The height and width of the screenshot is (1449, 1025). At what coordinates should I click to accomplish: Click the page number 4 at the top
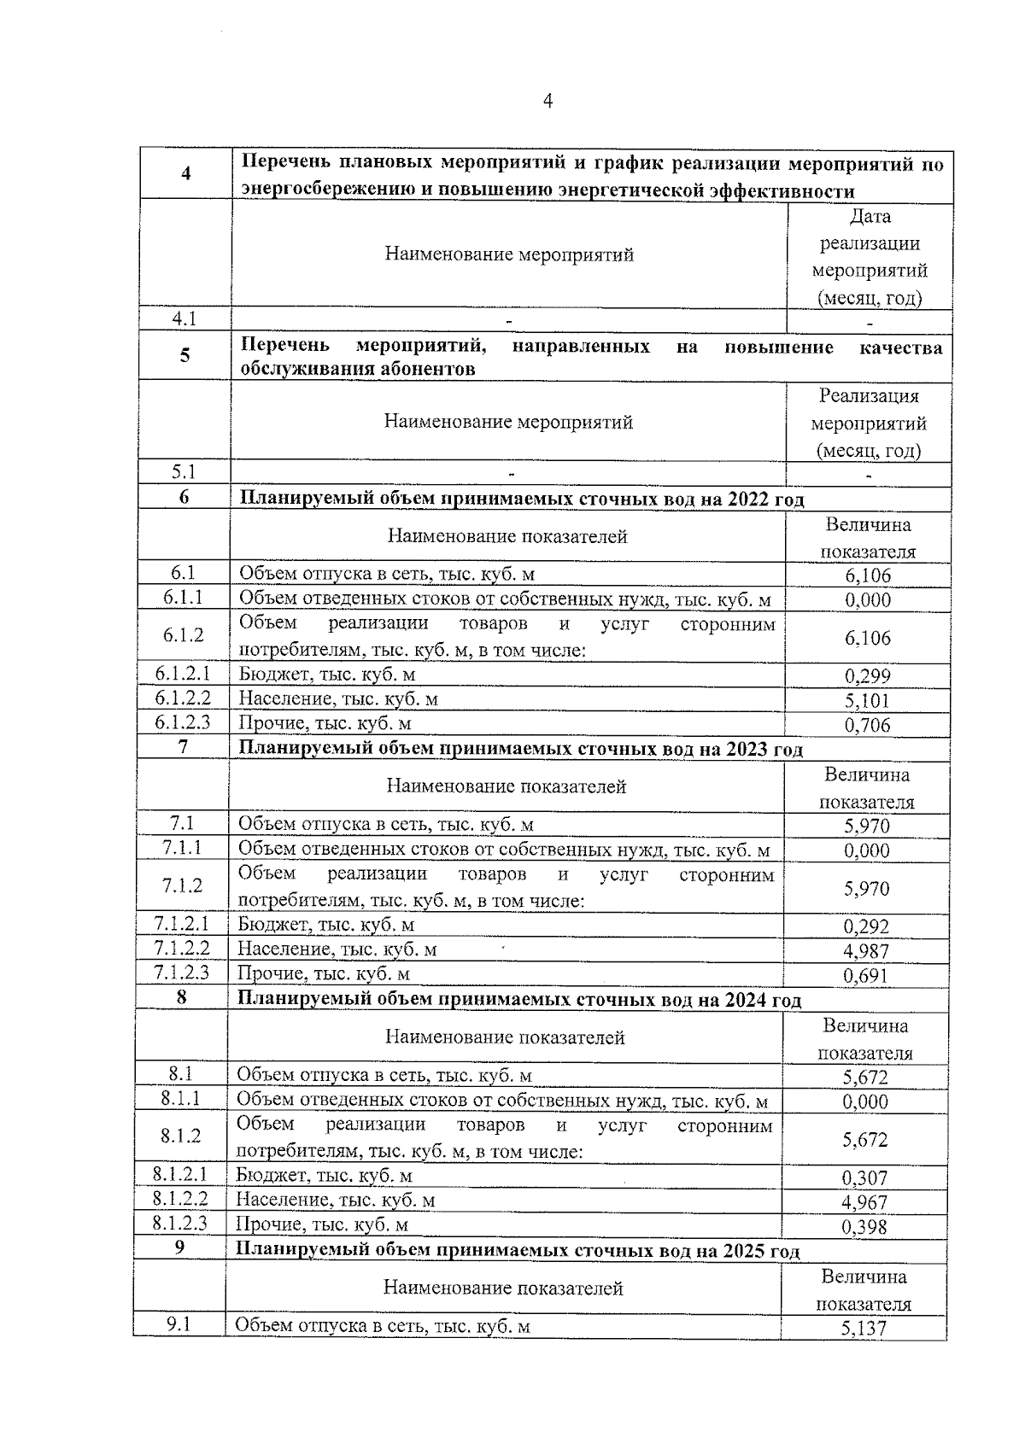(x=548, y=102)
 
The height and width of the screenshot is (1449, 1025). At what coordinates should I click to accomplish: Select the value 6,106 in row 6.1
(x=868, y=576)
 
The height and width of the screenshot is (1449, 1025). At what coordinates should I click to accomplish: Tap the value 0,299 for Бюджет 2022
(x=868, y=676)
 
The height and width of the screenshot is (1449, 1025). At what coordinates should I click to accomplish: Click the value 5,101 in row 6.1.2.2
(x=868, y=701)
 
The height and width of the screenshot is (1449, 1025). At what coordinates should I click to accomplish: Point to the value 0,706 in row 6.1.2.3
(x=868, y=726)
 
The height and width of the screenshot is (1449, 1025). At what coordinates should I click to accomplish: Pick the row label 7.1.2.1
(x=181, y=924)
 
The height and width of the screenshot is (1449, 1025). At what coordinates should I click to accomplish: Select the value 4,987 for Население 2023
(x=866, y=951)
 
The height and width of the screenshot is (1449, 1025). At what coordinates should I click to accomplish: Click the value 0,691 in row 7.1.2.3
(x=866, y=976)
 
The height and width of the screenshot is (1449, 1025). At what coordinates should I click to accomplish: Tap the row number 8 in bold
(x=181, y=996)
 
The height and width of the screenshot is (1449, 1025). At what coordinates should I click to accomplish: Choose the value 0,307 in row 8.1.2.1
(x=864, y=1178)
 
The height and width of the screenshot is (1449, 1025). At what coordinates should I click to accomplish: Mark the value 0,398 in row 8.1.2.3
(x=864, y=1227)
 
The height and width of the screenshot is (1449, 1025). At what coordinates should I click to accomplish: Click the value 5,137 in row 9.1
(x=864, y=1328)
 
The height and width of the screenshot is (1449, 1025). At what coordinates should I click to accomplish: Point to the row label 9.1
(x=179, y=1324)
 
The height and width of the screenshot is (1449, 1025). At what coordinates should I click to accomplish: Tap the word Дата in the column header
(x=870, y=217)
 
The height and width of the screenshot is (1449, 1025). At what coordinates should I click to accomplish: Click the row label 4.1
(x=184, y=319)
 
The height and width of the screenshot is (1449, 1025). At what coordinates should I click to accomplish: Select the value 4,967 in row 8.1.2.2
(x=864, y=1202)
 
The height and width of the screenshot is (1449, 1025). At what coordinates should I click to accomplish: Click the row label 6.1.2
(x=184, y=635)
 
